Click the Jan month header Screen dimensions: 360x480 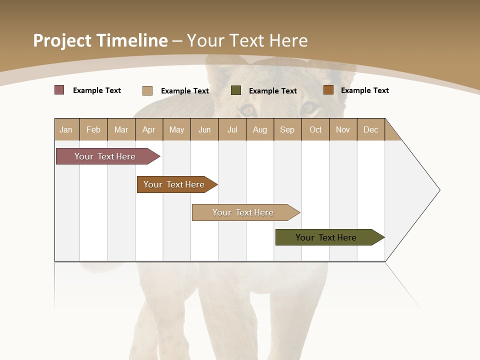(66, 129)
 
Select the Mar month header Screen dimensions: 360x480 (121, 129)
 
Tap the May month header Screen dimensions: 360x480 (176, 129)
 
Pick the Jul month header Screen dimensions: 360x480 (232, 129)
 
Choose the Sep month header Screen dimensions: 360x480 (287, 129)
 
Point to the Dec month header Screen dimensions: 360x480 (370, 129)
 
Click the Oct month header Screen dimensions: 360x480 (315, 129)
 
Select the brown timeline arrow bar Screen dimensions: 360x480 (175, 184)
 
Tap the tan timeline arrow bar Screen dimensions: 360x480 (244, 212)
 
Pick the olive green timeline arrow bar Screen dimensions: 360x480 (327, 237)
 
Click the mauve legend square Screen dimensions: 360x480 (59, 90)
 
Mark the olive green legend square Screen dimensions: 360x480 (236, 90)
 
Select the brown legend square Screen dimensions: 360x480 (328, 90)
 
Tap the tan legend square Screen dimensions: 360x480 (147, 90)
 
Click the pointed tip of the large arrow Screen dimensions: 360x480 (439, 190)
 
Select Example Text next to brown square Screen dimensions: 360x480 (364, 90)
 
